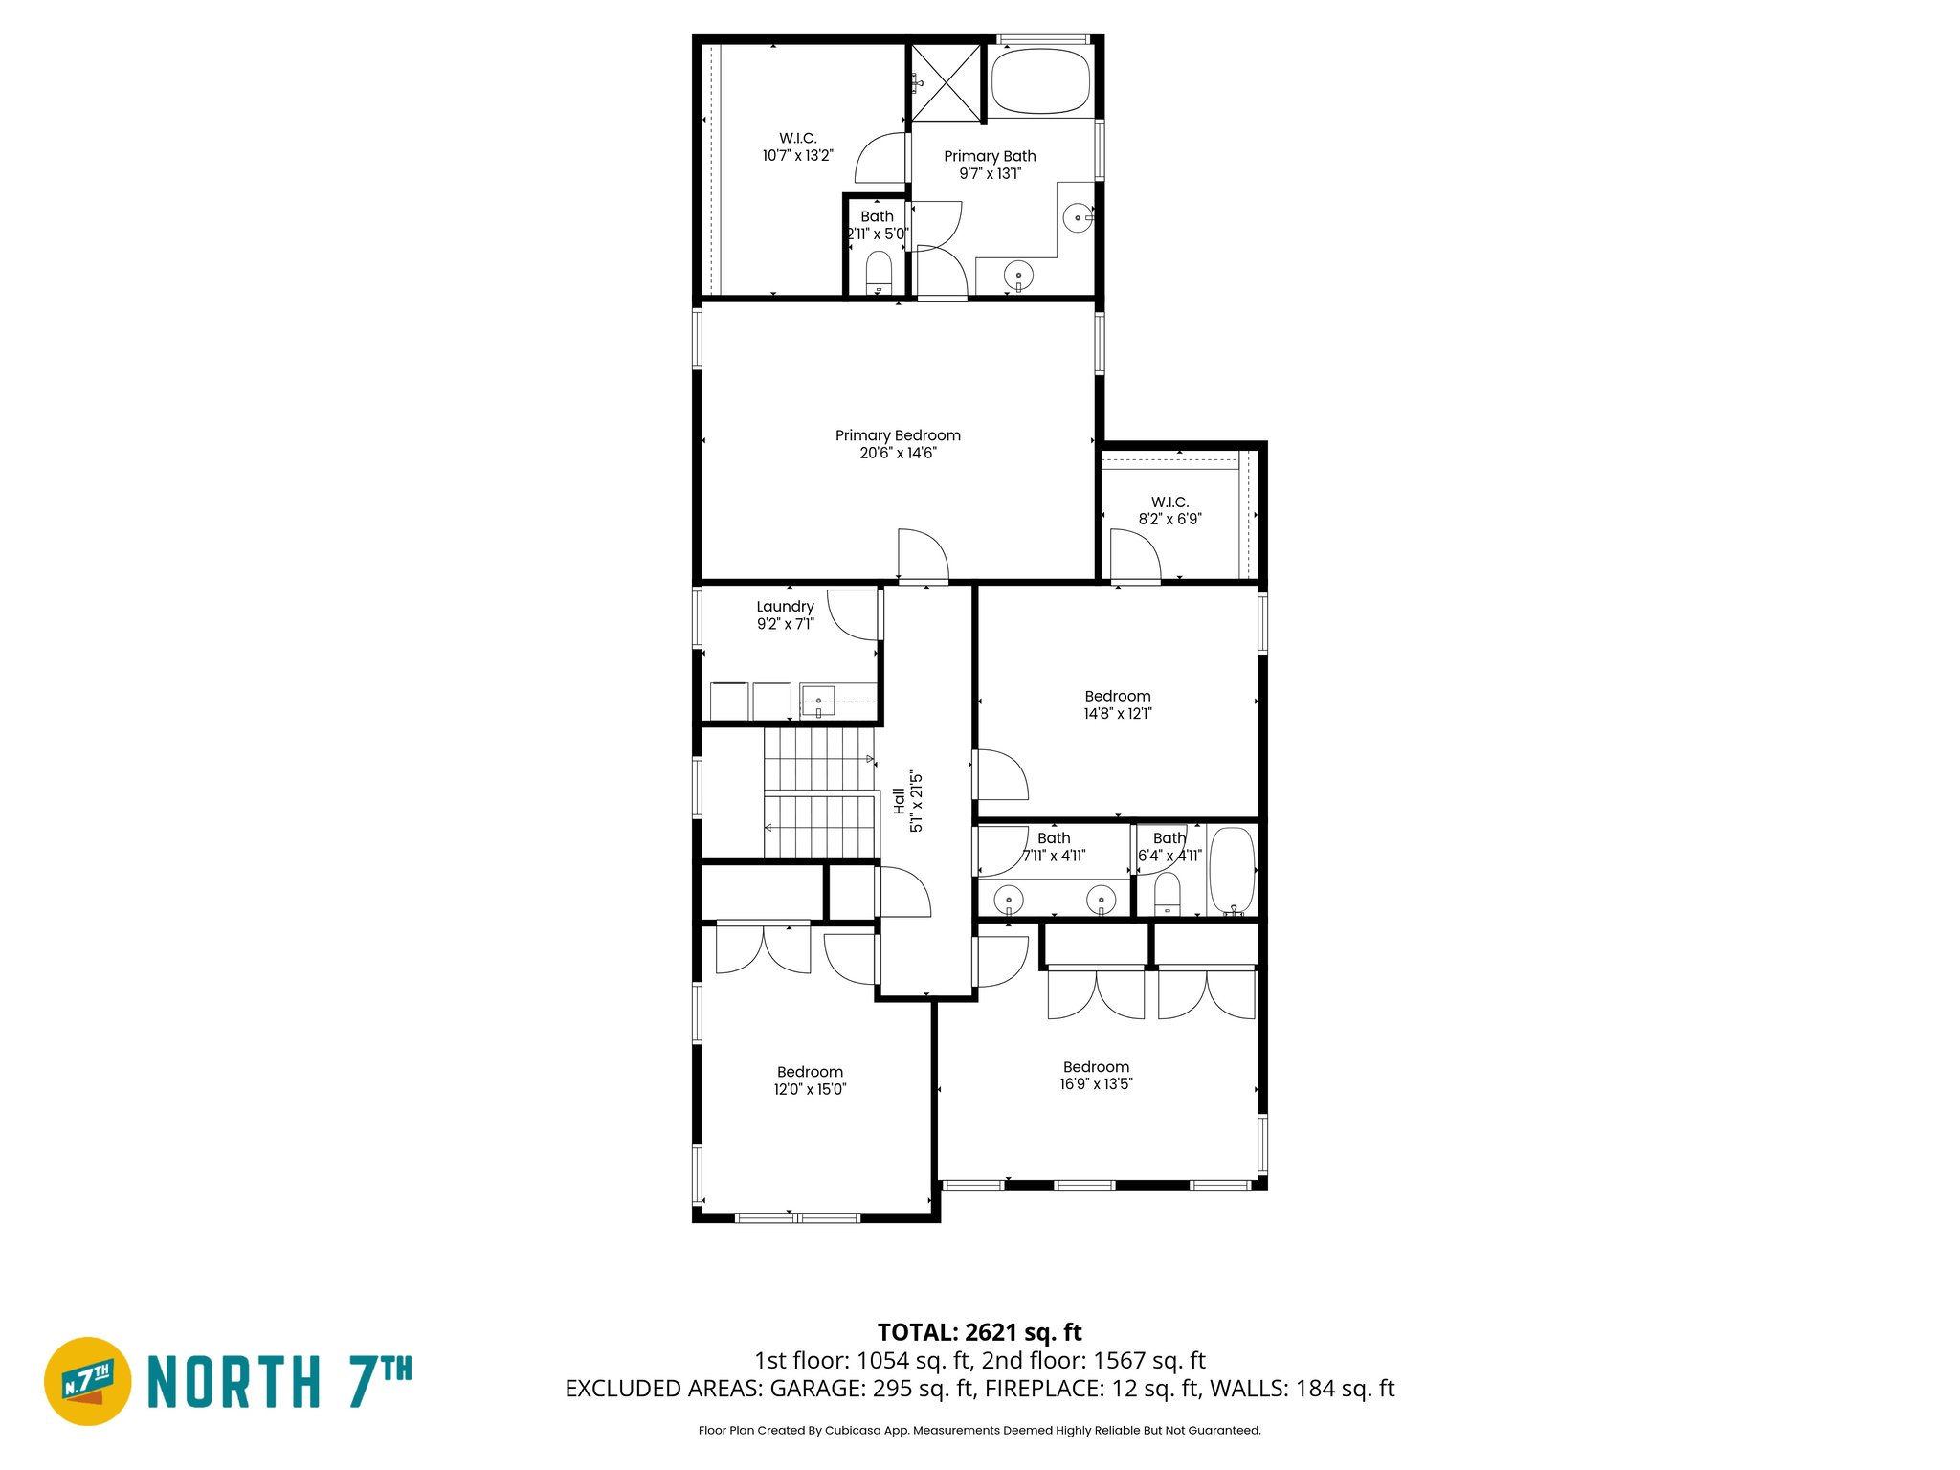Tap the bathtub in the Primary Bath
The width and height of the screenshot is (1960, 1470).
coord(1040,82)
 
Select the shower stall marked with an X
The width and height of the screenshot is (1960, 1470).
coord(946,83)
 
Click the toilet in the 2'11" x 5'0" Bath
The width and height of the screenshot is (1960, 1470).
coord(879,272)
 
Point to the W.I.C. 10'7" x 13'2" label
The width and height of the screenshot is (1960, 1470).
coord(797,147)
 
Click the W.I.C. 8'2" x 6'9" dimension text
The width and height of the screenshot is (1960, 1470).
coord(1169,519)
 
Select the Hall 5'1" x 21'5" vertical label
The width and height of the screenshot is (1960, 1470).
coord(907,801)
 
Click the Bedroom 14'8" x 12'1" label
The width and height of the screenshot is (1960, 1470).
coord(1117,704)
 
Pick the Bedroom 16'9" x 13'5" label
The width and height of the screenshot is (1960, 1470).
coord(1096,1075)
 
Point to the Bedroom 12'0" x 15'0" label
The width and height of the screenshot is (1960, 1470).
coord(810,1080)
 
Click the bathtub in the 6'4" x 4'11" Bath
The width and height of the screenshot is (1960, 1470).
coord(1232,871)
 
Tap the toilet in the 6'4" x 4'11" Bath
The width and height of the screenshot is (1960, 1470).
coord(1168,896)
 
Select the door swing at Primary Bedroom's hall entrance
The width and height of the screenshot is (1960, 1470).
coord(923,555)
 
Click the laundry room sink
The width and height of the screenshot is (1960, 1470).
coord(818,702)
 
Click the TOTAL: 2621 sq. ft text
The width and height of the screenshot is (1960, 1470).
coord(979,1332)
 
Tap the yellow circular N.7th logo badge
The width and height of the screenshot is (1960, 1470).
coord(88,1381)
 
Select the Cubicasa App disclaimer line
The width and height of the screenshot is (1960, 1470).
coord(979,1430)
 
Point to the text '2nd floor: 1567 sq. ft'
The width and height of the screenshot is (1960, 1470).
coord(1093,1360)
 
